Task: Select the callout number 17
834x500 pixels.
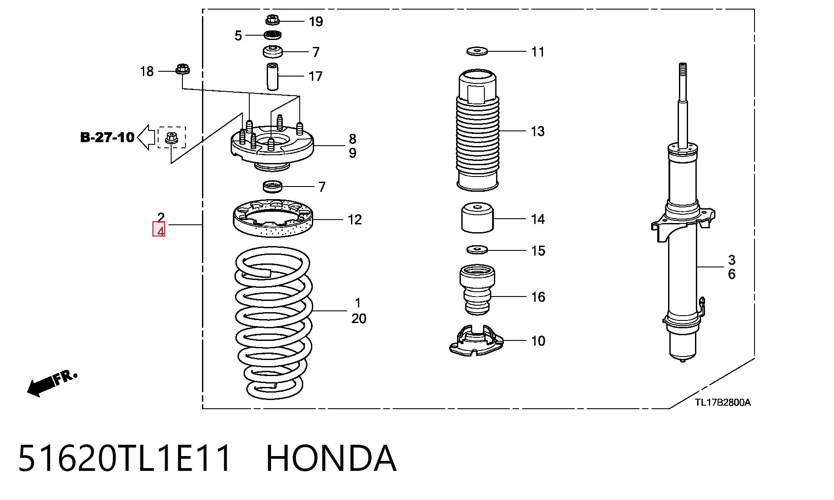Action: point(315,76)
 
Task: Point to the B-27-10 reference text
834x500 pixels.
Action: point(107,137)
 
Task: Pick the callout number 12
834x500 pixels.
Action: point(354,220)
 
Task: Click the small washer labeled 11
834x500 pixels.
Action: point(477,51)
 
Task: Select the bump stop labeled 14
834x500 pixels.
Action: point(477,218)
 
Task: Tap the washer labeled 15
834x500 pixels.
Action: point(477,250)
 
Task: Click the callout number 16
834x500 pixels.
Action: point(538,297)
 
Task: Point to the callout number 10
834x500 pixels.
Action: point(538,341)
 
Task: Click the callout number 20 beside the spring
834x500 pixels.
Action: point(359,319)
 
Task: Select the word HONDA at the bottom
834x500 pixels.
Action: point(331,458)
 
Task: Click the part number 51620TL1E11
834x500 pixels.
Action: point(125,458)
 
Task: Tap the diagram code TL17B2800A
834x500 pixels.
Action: point(722,402)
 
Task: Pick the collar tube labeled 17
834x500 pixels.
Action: point(272,77)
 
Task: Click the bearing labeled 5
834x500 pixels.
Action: point(272,35)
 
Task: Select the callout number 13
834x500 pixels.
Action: point(537,131)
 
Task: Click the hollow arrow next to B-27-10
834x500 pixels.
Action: point(146,137)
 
